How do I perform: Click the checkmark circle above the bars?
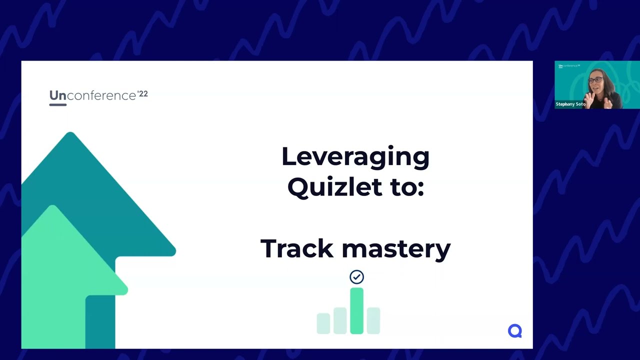click(356, 277)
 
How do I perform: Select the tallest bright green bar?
click(356, 310)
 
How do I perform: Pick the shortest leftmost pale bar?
click(323, 323)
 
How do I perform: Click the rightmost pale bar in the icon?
click(373, 320)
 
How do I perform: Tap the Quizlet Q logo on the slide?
click(514, 330)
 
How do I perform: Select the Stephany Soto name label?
click(570, 104)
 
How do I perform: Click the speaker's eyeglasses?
click(595, 80)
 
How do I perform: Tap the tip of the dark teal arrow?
click(70, 134)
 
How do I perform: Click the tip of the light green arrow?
click(53, 206)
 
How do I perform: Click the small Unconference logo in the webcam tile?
click(569, 66)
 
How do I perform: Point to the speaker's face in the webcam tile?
click(596, 82)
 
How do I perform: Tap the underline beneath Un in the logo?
click(57, 104)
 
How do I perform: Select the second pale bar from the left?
click(340, 320)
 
